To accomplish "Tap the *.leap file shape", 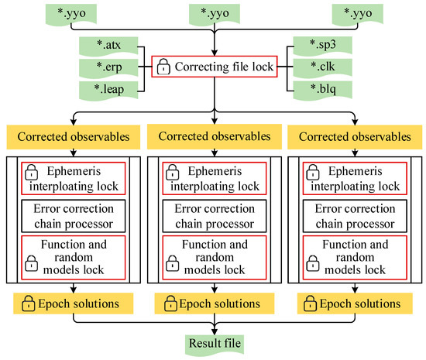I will coord(104,91).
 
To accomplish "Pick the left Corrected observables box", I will coord(71,136).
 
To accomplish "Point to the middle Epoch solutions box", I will coord(214,300).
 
